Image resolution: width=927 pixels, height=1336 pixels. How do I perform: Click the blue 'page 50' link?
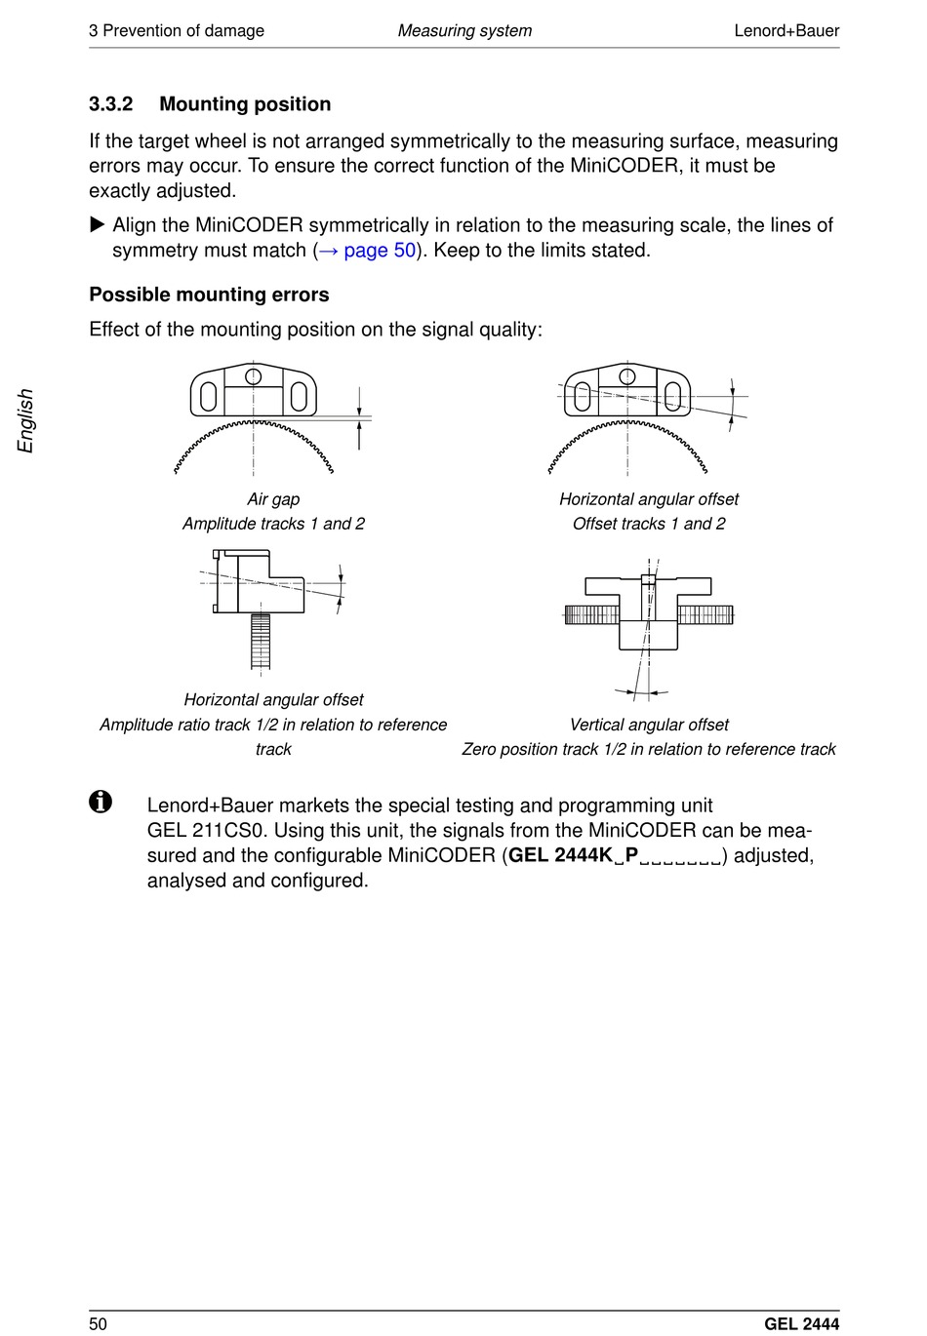(x=380, y=251)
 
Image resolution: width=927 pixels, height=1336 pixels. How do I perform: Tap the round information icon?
(x=101, y=802)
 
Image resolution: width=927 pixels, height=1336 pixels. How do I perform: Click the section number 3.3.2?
(x=110, y=104)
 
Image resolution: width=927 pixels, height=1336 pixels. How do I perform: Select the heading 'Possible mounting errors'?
(x=209, y=295)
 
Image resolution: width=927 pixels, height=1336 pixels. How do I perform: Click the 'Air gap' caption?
(x=273, y=499)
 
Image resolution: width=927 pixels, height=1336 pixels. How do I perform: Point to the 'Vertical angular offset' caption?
(x=649, y=725)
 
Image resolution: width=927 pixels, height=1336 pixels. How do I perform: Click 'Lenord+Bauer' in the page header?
(x=786, y=30)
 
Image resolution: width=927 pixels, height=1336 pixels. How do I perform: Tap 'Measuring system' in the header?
(x=464, y=30)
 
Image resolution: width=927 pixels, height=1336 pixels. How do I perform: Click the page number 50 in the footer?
(x=99, y=1323)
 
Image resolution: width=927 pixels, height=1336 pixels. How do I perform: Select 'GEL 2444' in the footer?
(x=801, y=1323)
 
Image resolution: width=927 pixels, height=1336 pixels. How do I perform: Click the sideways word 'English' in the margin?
(x=26, y=420)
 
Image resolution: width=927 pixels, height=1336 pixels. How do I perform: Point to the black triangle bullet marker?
(x=97, y=225)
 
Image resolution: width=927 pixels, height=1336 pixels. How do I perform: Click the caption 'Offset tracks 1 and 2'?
(x=649, y=524)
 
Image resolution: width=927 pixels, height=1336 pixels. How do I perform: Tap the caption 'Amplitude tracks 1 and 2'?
(x=273, y=524)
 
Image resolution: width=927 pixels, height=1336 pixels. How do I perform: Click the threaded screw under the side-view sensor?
(x=261, y=641)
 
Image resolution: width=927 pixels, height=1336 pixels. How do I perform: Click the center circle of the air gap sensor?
(x=254, y=375)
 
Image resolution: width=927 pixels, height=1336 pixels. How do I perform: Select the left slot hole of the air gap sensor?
(x=208, y=396)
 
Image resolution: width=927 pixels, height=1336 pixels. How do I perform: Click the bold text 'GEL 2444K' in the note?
(x=560, y=855)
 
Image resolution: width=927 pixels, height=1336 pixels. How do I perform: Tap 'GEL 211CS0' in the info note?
(x=205, y=831)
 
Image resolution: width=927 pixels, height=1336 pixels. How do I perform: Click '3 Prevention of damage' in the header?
(x=177, y=30)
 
